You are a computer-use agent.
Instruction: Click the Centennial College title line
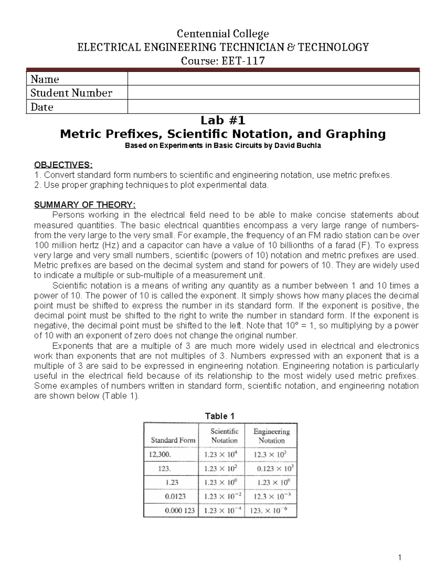[x=223, y=34]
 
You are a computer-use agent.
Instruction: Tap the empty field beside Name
[x=273, y=79]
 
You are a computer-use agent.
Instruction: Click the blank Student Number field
[x=273, y=93]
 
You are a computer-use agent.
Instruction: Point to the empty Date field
[x=273, y=107]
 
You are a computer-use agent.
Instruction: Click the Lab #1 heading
[x=223, y=120]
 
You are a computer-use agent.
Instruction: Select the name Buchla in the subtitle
[x=309, y=146]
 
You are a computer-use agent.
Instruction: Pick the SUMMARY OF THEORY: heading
[x=85, y=205]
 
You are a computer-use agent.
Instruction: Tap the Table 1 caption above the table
[x=220, y=416]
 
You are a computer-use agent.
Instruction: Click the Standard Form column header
[x=173, y=440]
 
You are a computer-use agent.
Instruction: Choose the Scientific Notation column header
[x=224, y=436]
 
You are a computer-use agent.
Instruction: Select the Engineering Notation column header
[x=271, y=436]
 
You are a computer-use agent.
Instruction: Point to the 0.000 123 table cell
[x=180, y=510]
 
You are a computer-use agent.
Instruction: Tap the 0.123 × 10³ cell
[x=275, y=469]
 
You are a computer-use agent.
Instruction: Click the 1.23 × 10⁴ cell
[x=222, y=454]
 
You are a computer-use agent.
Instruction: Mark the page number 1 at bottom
[x=400, y=557]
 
